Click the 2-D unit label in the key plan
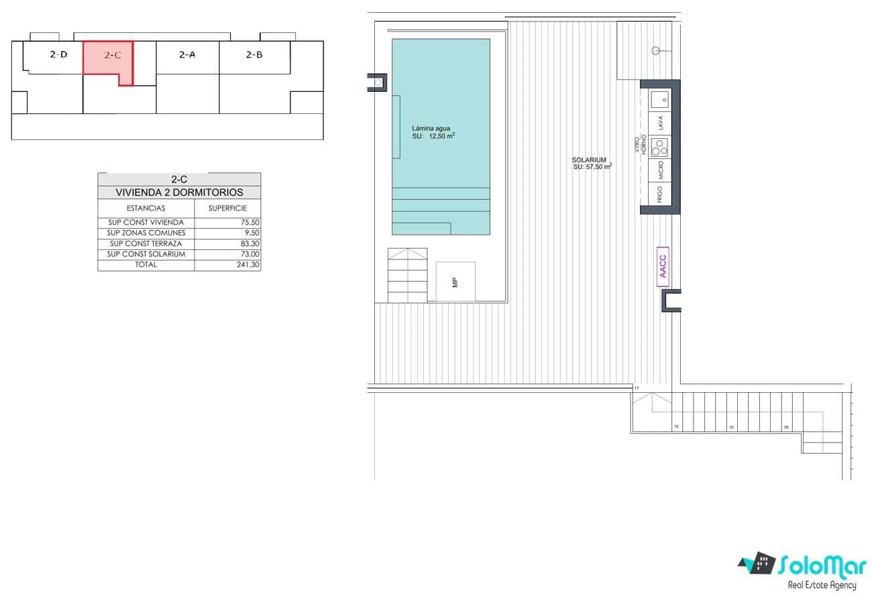coord(58,55)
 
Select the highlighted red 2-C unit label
coord(113,56)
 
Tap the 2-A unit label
coord(187,55)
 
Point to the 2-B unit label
coord(254,55)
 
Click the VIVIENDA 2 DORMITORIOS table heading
coord(179,192)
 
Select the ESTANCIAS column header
coord(146,208)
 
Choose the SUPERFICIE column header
coord(227,208)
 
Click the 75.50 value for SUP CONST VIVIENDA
coord(250,223)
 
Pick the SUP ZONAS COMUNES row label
coord(146,233)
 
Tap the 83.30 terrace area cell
coord(250,244)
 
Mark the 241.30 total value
coord(248,265)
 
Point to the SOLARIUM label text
coord(590,160)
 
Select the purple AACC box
coord(663,267)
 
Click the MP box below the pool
coord(455,282)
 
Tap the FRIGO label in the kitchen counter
coord(661,194)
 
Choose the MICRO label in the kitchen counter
coord(661,169)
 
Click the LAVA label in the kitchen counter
coord(661,123)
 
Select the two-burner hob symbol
coord(661,145)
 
